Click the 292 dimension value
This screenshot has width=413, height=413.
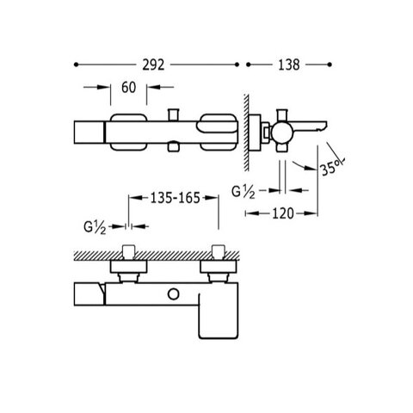pyautogui.click(x=153, y=65)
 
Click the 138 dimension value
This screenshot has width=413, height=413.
pyautogui.click(x=289, y=65)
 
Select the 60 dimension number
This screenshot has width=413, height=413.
pyautogui.click(x=128, y=87)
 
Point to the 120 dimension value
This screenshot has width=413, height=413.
pyautogui.click(x=283, y=213)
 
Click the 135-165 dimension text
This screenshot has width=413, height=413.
pyautogui.click(x=175, y=198)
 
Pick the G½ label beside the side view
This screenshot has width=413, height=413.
pyautogui.click(x=243, y=192)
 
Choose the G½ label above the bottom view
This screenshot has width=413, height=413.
pyautogui.click(x=95, y=228)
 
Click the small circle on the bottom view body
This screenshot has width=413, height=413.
pyautogui.click(x=173, y=294)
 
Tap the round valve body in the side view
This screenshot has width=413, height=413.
pyautogui.click(x=282, y=133)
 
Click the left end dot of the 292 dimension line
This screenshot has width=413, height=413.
pyautogui.click(x=76, y=65)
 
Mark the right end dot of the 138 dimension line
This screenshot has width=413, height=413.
pyautogui.click(x=330, y=65)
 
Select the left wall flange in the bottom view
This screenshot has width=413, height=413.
pyautogui.click(x=129, y=267)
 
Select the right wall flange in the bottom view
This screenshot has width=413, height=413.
pyautogui.click(x=218, y=267)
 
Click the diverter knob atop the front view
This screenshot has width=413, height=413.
pyautogui.click(x=173, y=114)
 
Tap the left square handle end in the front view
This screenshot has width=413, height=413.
pyautogui.click(x=89, y=133)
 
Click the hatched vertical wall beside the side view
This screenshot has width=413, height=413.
pyautogui.click(x=246, y=133)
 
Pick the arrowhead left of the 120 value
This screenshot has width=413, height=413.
pyautogui.click(x=251, y=213)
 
